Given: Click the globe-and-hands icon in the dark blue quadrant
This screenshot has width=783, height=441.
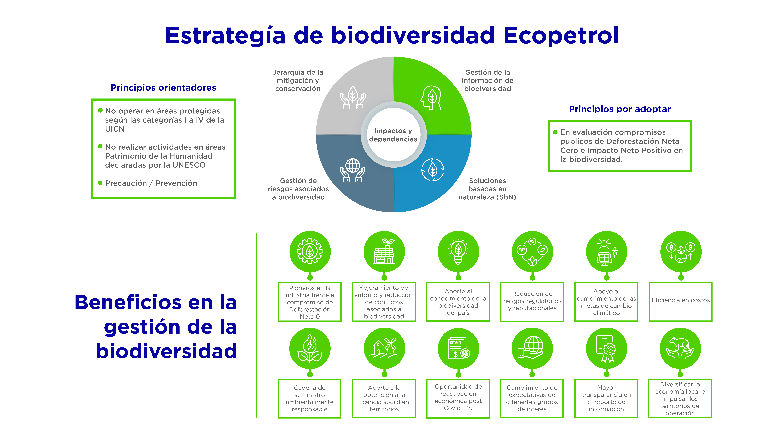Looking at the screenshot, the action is tap(353, 170).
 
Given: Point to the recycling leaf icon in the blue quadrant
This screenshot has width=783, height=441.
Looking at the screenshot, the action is tap(433, 170).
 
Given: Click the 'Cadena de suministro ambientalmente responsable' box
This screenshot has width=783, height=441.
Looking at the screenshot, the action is tap(309, 398).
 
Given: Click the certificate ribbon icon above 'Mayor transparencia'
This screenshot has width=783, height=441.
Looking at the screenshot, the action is tap(606, 348).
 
